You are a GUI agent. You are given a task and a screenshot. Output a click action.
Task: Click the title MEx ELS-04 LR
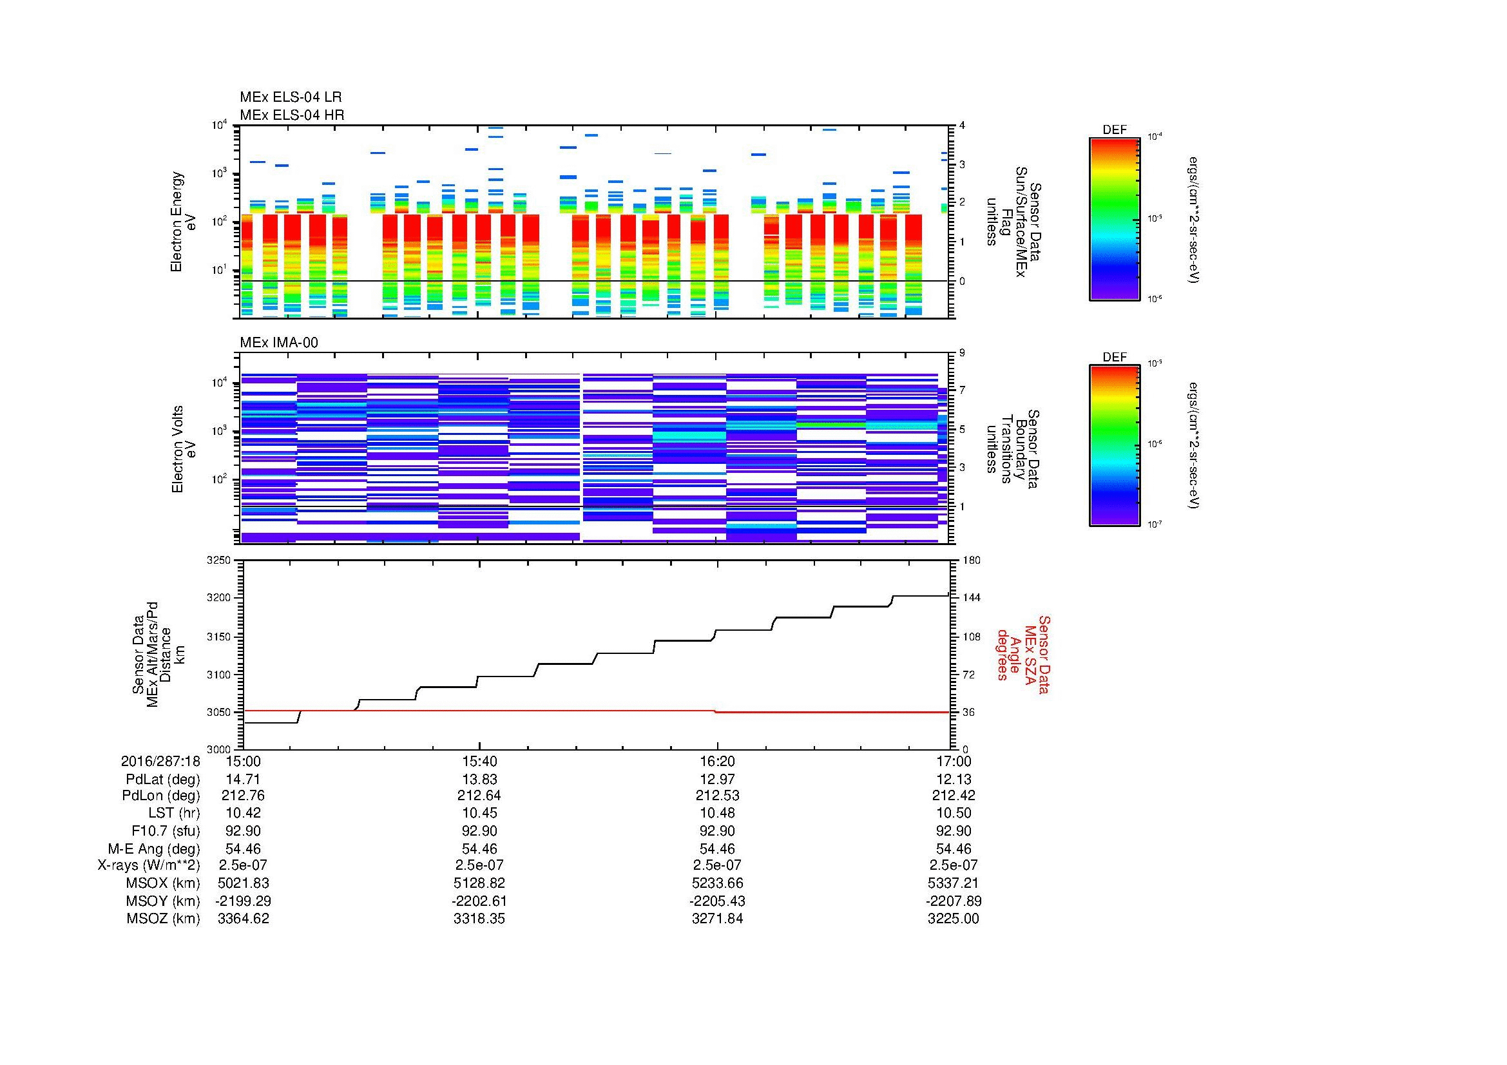point(290,97)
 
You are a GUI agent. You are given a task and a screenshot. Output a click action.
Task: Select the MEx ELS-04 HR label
point(291,115)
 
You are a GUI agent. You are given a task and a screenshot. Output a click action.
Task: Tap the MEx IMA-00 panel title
point(278,343)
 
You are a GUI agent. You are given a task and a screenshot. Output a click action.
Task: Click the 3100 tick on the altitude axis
point(218,675)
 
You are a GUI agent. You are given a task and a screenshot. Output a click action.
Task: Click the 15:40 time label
point(480,761)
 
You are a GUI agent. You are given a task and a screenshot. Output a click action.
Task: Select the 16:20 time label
point(717,761)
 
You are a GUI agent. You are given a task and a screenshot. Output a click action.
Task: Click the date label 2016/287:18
point(160,761)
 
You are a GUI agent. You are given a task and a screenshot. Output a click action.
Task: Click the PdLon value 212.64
point(480,795)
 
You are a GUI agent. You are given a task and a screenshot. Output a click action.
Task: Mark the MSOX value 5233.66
point(717,883)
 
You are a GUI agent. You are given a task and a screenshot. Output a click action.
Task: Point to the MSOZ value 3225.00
point(953,919)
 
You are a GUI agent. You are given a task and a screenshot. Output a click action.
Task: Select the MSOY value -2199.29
point(243,901)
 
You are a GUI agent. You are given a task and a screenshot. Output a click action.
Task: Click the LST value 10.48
point(717,813)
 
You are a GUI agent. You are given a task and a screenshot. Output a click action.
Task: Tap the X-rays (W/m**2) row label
point(148,865)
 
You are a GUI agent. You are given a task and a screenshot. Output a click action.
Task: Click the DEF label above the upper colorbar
point(1115,130)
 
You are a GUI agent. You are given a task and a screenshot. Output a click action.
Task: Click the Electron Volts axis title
point(177,449)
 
